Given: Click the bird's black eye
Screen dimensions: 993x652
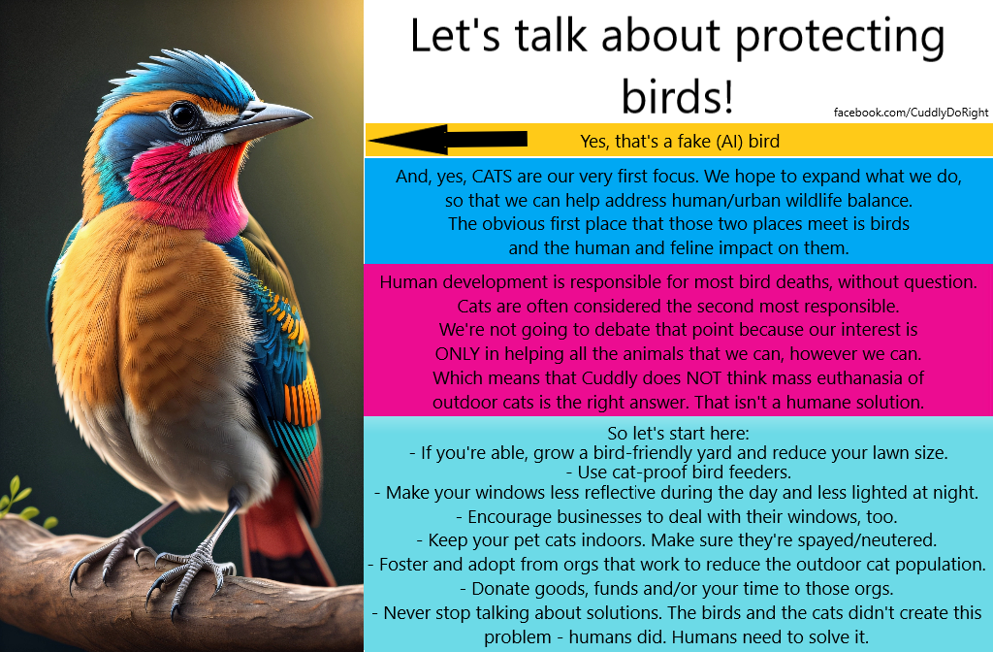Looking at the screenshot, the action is click(183, 114).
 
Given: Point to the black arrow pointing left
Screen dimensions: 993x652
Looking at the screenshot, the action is click(447, 140).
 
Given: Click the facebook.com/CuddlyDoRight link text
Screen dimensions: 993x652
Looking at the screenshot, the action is click(911, 113).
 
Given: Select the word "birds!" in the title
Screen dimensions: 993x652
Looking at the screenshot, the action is click(677, 96).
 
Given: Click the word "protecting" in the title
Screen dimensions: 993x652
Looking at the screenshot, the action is click(840, 36).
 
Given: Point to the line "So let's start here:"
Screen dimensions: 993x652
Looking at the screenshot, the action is click(678, 434).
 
